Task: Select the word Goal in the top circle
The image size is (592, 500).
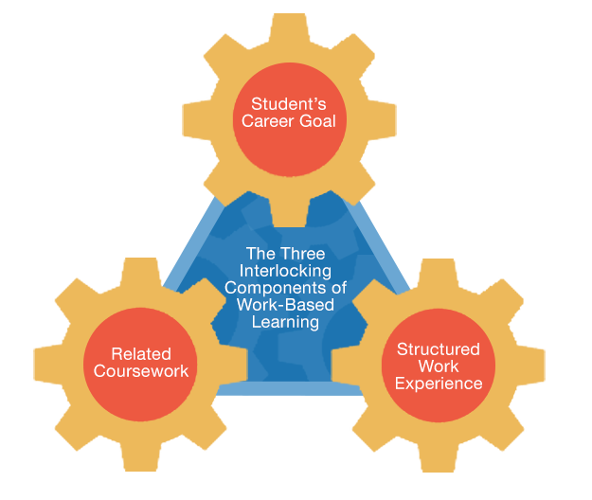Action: pyautogui.click(x=315, y=121)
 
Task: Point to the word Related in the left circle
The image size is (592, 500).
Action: pyautogui.click(x=141, y=353)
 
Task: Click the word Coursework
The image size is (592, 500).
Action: pyautogui.click(x=141, y=371)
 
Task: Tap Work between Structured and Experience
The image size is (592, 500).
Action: pyautogui.click(x=439, y=366)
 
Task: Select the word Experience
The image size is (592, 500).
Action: pyautogui.click(x=439, y=384)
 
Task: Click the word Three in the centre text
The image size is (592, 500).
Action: pyautogui.click(x=304, y=254)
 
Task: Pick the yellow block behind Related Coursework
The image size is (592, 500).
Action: pyautogui.click(x=76, y=436)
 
